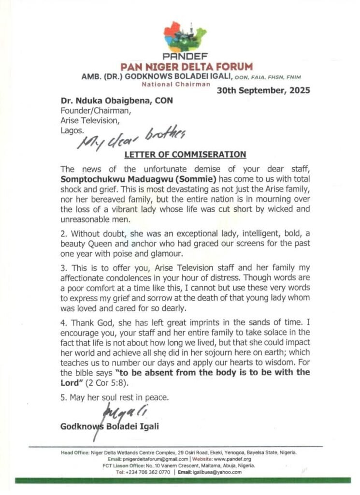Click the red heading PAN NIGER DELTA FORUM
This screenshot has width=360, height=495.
180,66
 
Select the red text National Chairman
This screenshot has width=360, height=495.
175,84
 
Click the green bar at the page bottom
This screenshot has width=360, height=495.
180,480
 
